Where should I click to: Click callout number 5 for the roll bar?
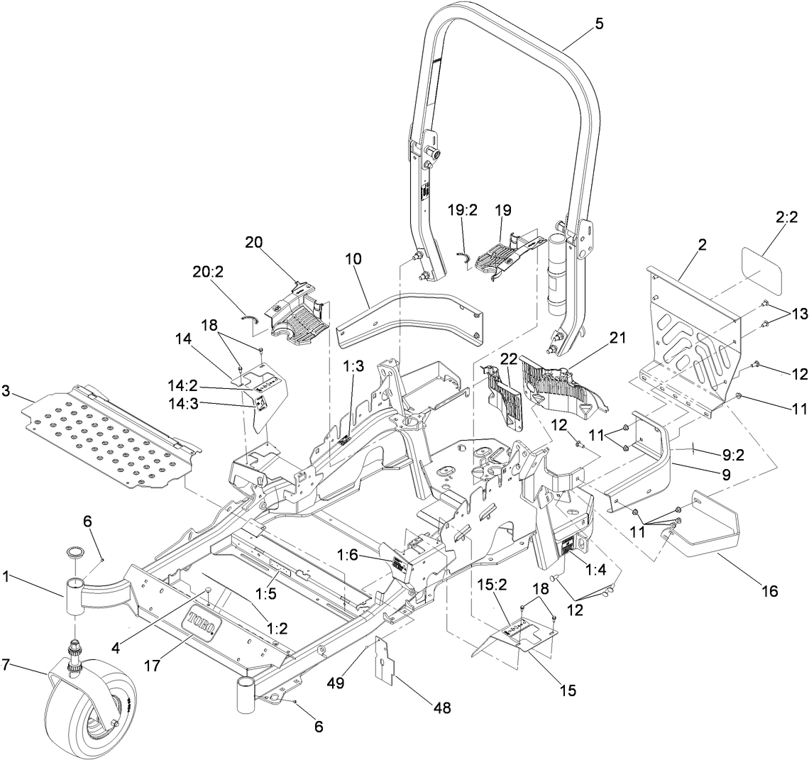(x=599, y=24)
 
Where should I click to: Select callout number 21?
(x=617, y=338)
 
